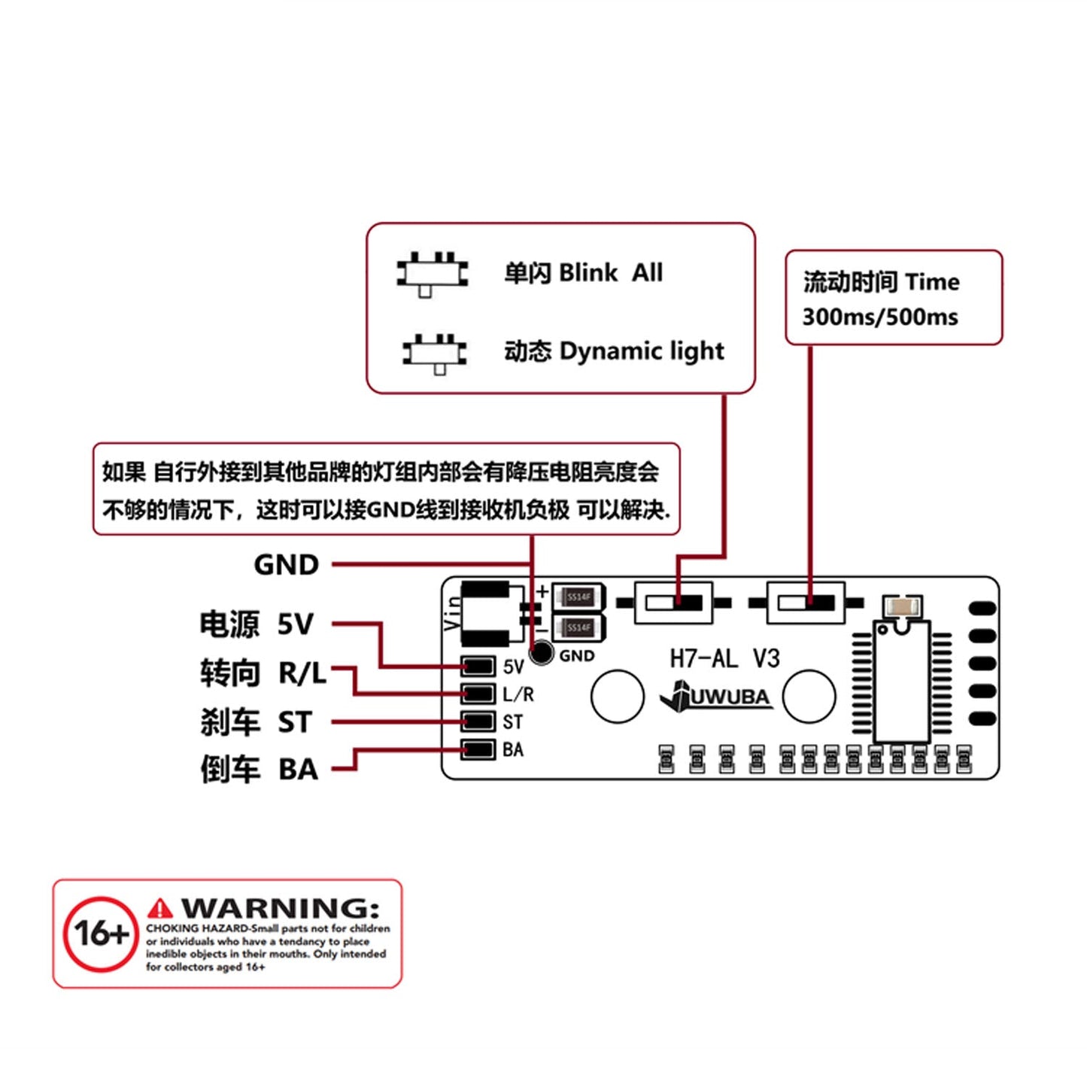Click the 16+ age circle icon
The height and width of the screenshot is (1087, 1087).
point(100,934)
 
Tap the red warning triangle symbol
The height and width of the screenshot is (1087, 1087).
point(159,909)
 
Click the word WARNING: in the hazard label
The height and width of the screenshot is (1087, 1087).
point(280,908)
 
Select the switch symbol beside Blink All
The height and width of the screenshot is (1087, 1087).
point(433,274)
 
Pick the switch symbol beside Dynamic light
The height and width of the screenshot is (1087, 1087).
point(435,352)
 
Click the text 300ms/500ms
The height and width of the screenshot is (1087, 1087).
point(879,317)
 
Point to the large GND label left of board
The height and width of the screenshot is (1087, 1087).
point(286,564)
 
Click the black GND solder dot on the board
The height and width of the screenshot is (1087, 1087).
point(542,652)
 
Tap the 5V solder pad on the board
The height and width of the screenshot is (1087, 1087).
point(478,666)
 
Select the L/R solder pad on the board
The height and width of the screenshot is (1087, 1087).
point(478,694)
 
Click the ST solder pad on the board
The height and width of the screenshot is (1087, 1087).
point(478,721)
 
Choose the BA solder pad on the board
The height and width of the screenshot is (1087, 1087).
point(478,749)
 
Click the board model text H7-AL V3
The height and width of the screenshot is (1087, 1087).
point(724,659)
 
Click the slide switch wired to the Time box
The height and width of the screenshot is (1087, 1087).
point(806,603)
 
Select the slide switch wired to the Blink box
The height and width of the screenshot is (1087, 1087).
point(673,603)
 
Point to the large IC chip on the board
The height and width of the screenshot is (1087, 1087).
point(901,681)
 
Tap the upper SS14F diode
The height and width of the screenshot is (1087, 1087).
point(578,597)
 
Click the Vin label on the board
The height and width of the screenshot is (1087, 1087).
point(453,612)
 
